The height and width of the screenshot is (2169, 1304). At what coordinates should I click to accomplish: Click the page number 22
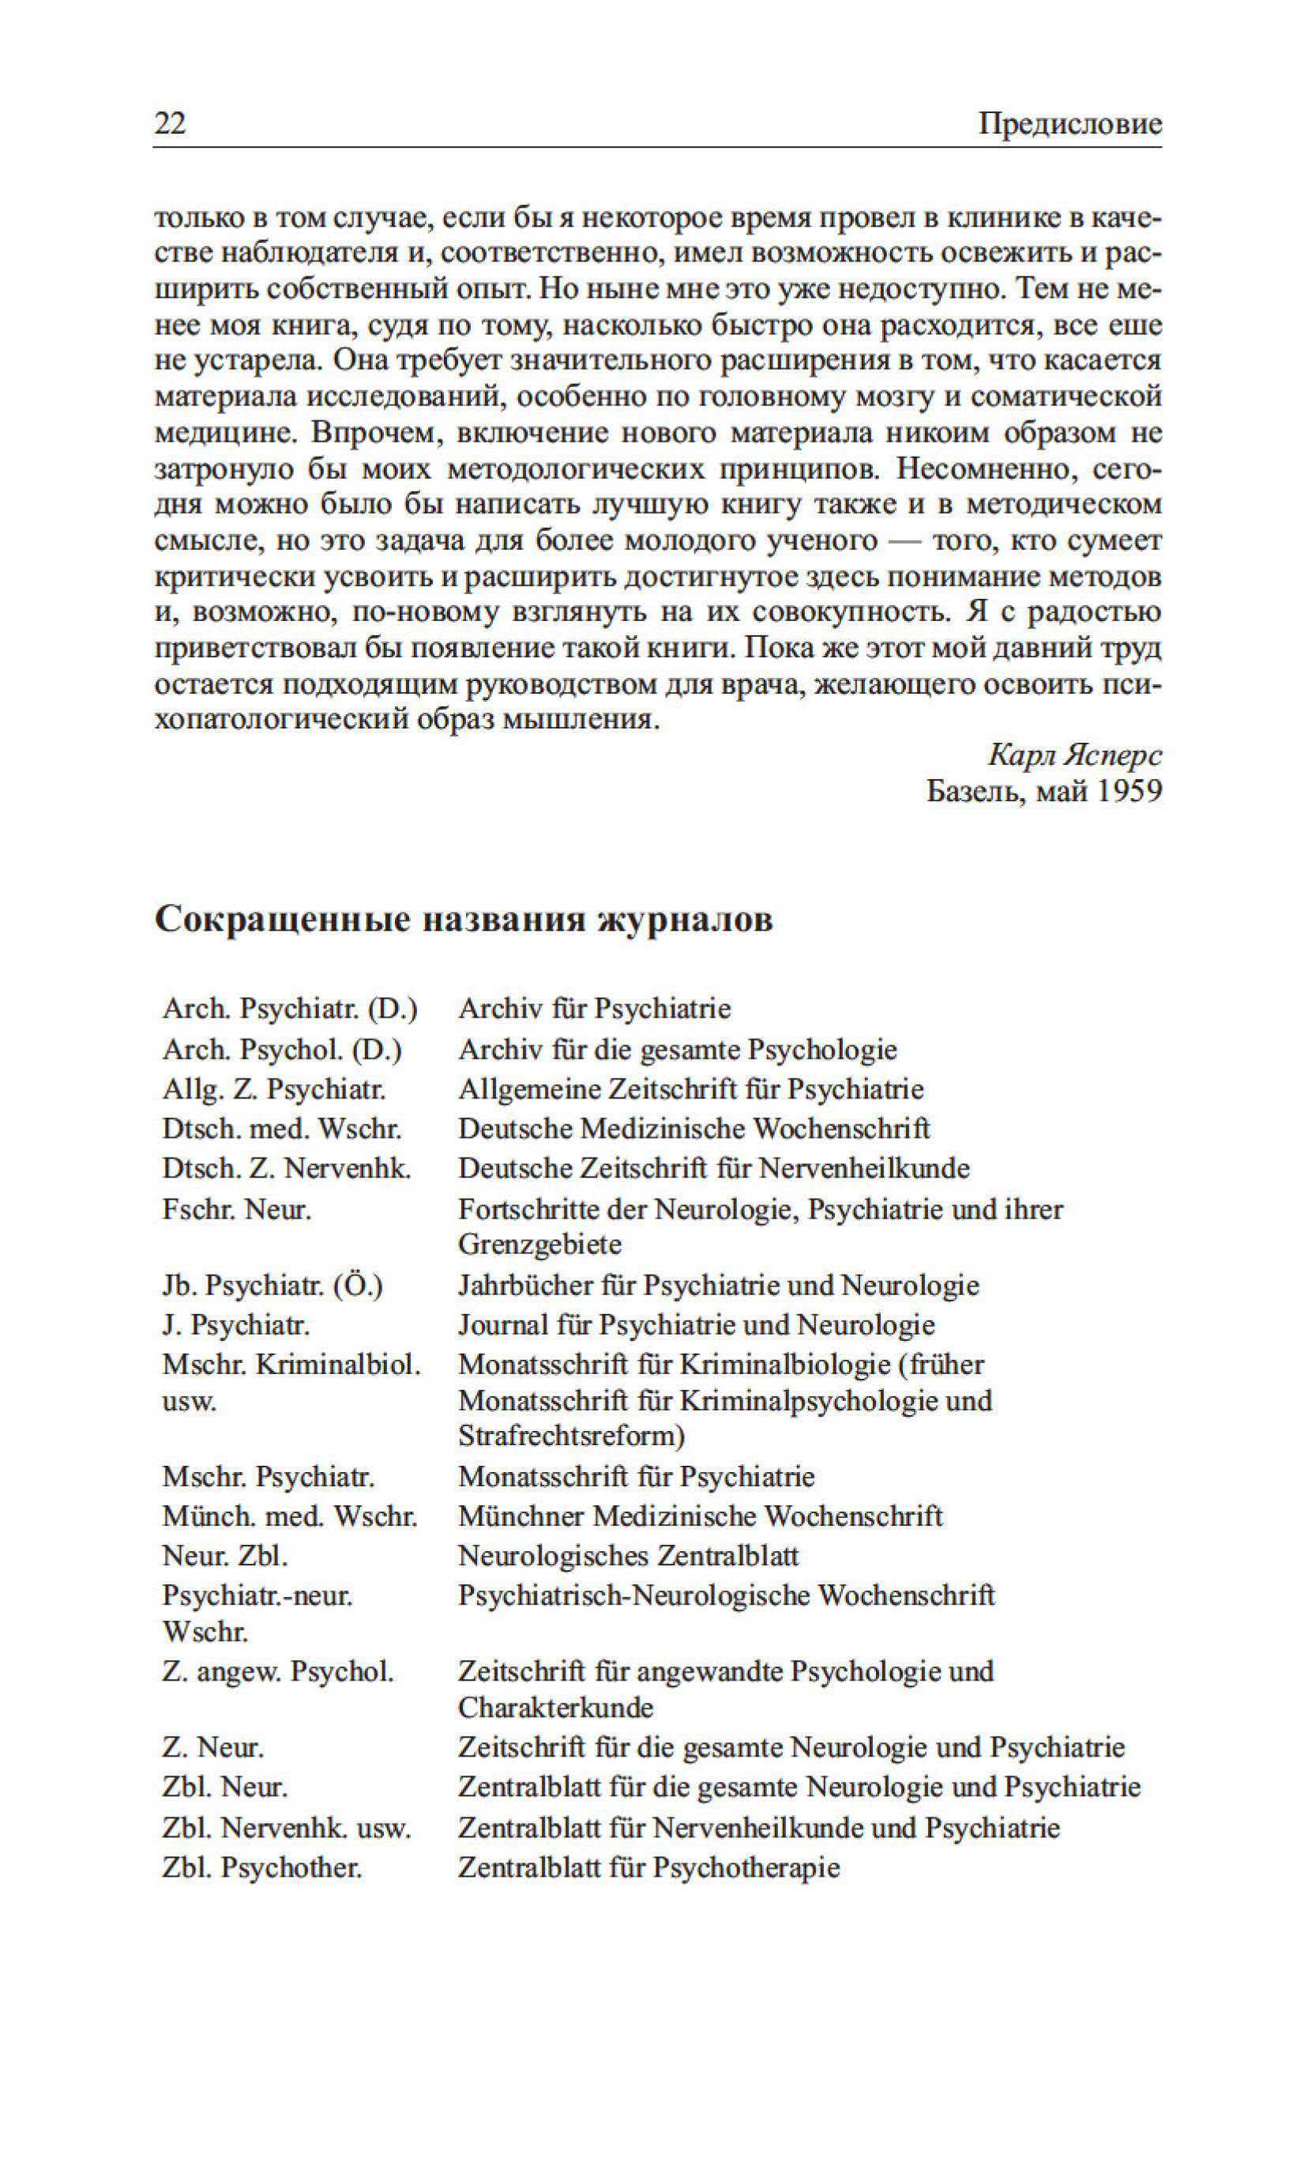(170, 122)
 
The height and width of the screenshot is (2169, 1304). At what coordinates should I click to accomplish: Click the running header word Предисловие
(1069, 123)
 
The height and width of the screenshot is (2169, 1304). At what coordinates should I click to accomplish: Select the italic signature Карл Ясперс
(1074, 754)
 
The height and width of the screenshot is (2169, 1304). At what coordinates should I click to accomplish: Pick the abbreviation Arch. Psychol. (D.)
(281, 1049)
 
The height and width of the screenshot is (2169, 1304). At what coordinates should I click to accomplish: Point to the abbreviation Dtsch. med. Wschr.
(281, 1128)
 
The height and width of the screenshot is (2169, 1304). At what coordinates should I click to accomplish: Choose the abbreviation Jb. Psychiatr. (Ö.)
(272, 1286)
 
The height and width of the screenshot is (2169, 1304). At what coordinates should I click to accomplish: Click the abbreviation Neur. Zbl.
(225, 1557)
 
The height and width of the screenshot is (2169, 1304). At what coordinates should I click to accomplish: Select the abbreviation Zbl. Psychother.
(262, 1868)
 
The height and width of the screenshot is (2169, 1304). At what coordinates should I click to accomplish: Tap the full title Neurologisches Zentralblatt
(628, 1557)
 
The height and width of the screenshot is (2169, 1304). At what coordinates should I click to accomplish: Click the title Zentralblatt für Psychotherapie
(648, 1868)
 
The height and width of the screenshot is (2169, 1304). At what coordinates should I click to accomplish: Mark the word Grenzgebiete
(539, 1245)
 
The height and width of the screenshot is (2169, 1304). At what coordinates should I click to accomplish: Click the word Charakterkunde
(555, 1708)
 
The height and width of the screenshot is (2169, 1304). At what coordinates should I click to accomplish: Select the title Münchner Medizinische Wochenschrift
(700, 1516)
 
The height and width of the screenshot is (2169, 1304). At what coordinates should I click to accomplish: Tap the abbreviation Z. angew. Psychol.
(278, 1670)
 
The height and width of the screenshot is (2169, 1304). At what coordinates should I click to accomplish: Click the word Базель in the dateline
(975, 791)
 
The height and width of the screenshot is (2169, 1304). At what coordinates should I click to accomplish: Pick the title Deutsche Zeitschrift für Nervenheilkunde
(713, 1168)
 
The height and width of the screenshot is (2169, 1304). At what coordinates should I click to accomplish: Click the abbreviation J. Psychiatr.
(235, 1324)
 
